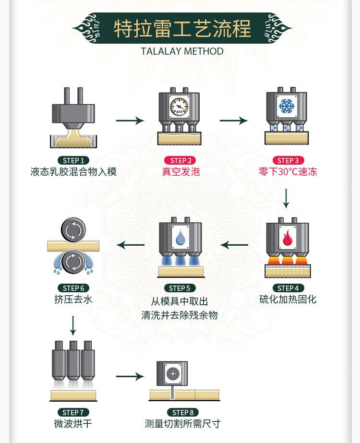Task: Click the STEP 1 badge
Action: pyautogui.click(x=73, y=160)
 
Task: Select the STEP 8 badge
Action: pyautogui.click(x=183, y=412)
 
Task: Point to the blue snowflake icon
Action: pyautogui.click(x=287, y=106)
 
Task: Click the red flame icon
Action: pyautogui.click(x=287, y=237)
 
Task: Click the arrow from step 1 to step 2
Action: pyautogui.click(x=130, y=120)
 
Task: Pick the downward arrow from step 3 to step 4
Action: pyautogui.click(x=286, y=198)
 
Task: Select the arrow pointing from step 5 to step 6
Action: pyautogui.click(x=131, y=245)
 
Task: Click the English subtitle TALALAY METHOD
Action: pyautogui.click(x=182, y=51)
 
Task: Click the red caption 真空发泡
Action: pyautogui.click(x=180, y=171)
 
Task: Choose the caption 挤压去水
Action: pyautogui.click(x=73, y=299)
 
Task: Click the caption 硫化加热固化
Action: pyautogui.click(x=288, y=299)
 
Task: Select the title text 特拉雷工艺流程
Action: pyautogui.click(x=182, y=29)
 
